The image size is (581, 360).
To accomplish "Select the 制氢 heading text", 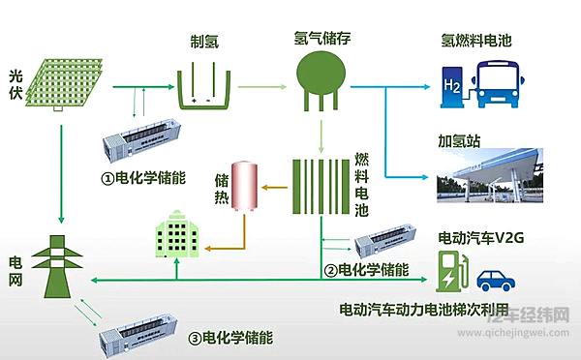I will [x=207, y=42].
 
